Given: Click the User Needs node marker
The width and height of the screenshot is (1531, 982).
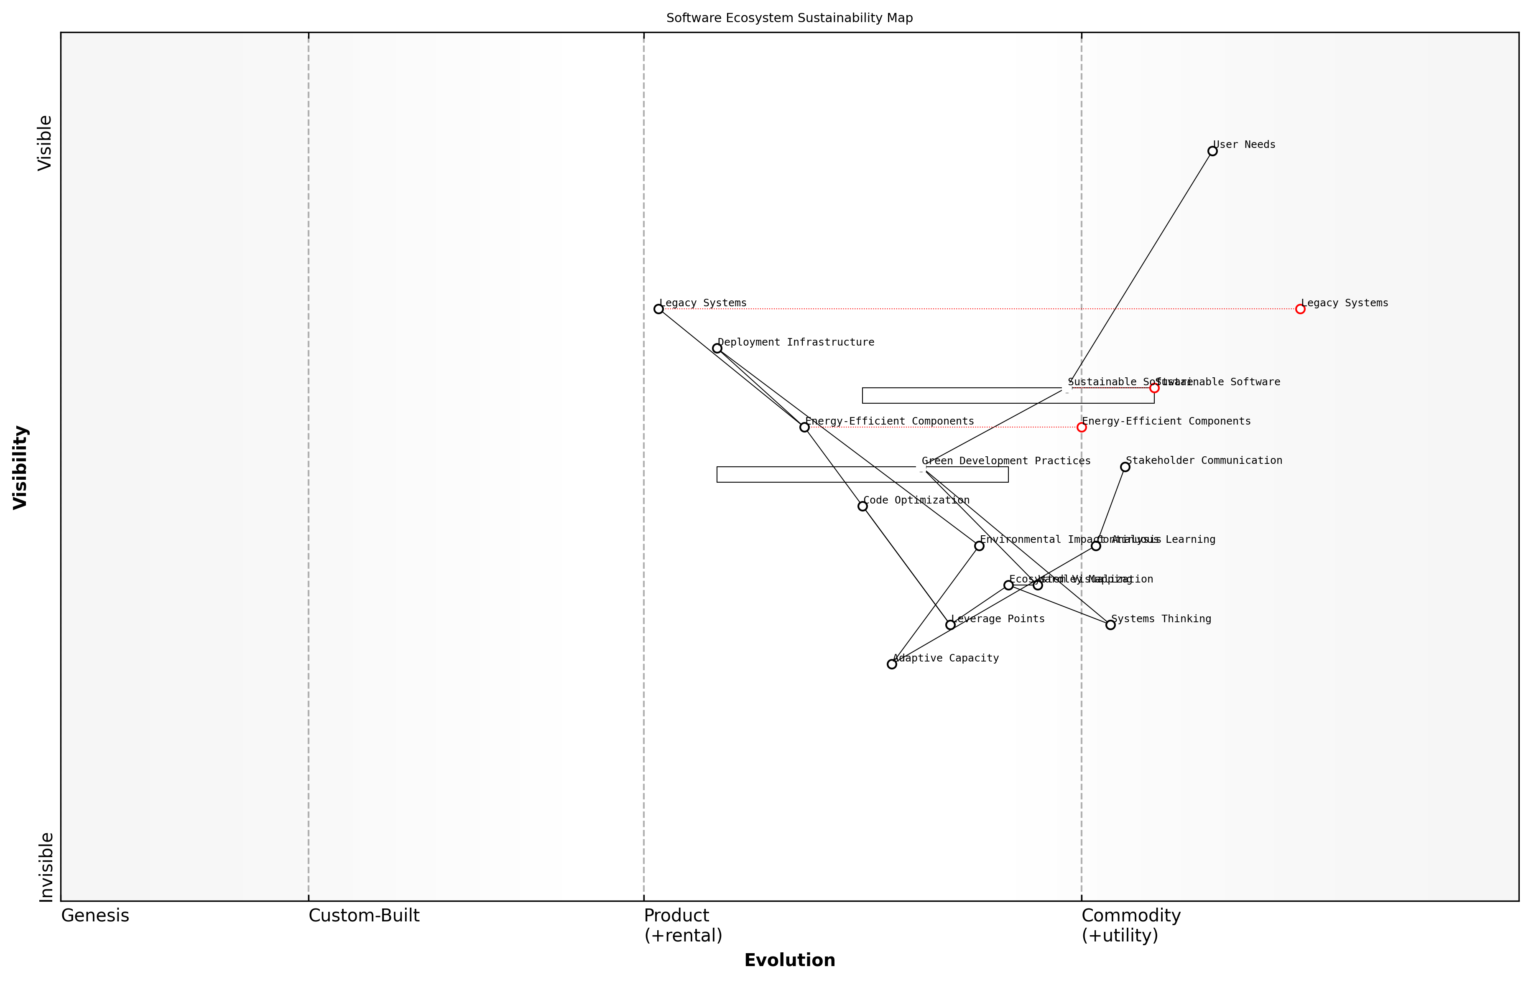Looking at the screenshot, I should click(x=1212, y=151).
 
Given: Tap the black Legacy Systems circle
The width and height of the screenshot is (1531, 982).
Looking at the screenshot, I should click(x=658, y=309).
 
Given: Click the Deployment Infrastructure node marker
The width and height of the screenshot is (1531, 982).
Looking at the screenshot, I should click(x=717, y=348).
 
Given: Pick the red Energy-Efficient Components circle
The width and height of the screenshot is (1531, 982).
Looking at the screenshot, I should click(x=1081, y=427).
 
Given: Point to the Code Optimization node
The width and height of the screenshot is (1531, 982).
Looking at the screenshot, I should click(x=862, y=506).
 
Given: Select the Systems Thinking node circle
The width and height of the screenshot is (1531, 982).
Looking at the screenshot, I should click(x=1110, y=625).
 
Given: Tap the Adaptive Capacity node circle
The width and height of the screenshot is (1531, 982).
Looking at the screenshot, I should click(x=892, y=664).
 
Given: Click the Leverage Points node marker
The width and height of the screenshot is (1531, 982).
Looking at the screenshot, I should click(x=950, y=625).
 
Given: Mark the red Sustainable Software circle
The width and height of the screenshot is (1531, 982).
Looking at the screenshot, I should click(x=1154, y=388).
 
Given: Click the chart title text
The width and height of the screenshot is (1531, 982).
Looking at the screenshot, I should click(x=789, y=18).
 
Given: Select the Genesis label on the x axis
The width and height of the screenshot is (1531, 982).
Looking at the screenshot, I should click(x=95, y=916).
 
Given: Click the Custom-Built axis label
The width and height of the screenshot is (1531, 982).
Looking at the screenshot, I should click(x=364, y=916).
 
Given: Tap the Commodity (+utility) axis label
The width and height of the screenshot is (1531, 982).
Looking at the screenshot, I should click(x=1130, y=925).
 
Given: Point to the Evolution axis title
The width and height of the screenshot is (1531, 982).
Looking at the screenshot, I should click(x=789, y=960).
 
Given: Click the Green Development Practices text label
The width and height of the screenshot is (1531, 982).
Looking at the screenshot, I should click(x=1006, y=460).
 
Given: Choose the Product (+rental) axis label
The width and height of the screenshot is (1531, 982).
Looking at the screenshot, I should click(x=683, y=925).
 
